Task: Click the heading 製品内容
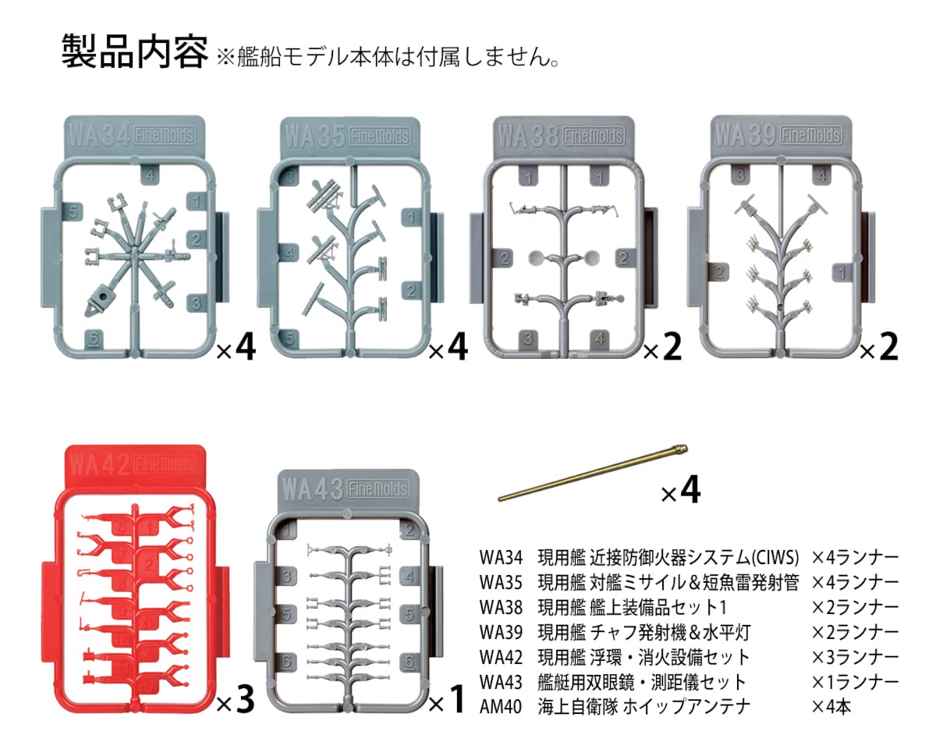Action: [134, 52]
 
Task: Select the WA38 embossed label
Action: [526, 136]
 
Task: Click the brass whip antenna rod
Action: [593, 470]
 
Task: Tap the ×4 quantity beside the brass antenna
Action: [680, 492]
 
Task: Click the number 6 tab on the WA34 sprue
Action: [94, 338]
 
